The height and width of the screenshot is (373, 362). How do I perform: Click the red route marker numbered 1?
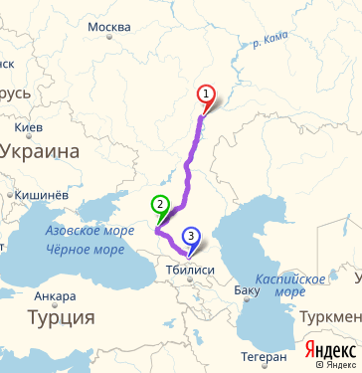(x=207, y=94)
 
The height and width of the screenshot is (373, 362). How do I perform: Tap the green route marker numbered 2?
(x=159, y=206)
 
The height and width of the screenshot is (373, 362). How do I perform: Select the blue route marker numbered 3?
(x=191, y=236)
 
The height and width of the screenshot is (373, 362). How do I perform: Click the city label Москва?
(x=109, y=26)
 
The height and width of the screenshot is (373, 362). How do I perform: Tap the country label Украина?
(x=40, y=151)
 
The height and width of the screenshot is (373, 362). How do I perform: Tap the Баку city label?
(x=247, y=291)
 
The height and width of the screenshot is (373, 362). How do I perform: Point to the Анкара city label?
(x=55, y=296)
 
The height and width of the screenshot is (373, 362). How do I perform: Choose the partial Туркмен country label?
(x=333, y=316)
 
